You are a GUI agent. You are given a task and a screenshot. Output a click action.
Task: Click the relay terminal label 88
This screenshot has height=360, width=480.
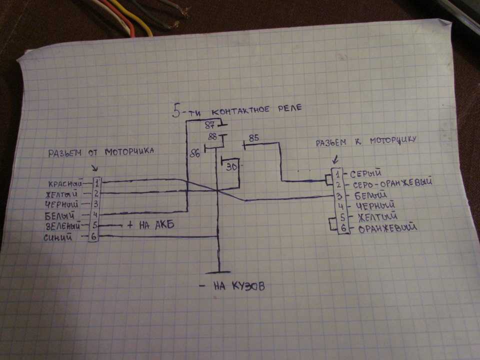(x=211, y=137)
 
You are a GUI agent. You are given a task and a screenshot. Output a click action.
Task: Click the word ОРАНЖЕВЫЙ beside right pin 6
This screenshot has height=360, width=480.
(x=388, y=229)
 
